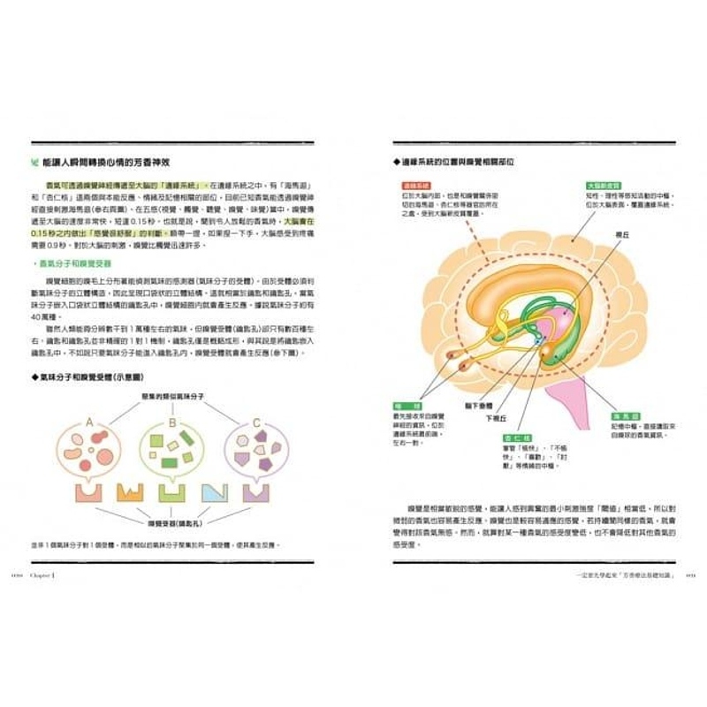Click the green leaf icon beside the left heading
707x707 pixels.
pyautogui.click(x=34, y=161)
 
